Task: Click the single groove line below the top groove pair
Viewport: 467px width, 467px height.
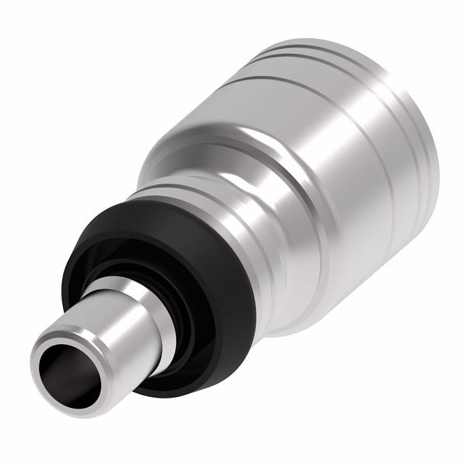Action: pyautogui.click(x=296, y=82)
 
